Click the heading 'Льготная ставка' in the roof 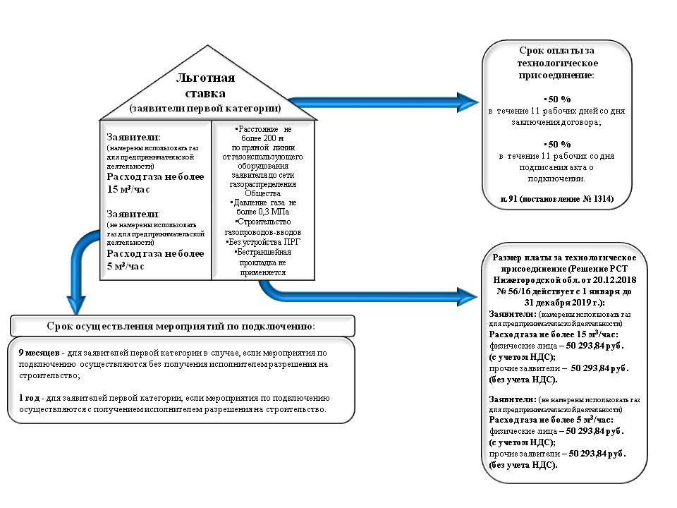point(205,85)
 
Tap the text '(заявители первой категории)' point(205,108)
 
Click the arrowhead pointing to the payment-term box point(468,102)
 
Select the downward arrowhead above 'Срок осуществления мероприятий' point(76,305)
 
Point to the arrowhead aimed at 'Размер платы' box point(467,297)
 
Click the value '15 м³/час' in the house point(128,189)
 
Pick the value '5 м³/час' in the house point(126,266)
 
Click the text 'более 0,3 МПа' point(262,212)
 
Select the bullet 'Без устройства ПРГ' point(263,242)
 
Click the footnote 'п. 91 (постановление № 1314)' point(557,199)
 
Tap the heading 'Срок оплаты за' point(557,51)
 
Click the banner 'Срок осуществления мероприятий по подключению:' point(181,326)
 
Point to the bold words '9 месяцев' point(39,353)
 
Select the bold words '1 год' point(30,398)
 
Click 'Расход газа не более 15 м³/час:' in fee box point(554,334)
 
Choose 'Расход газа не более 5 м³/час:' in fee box point(551,419)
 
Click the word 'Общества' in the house point(262,193)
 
